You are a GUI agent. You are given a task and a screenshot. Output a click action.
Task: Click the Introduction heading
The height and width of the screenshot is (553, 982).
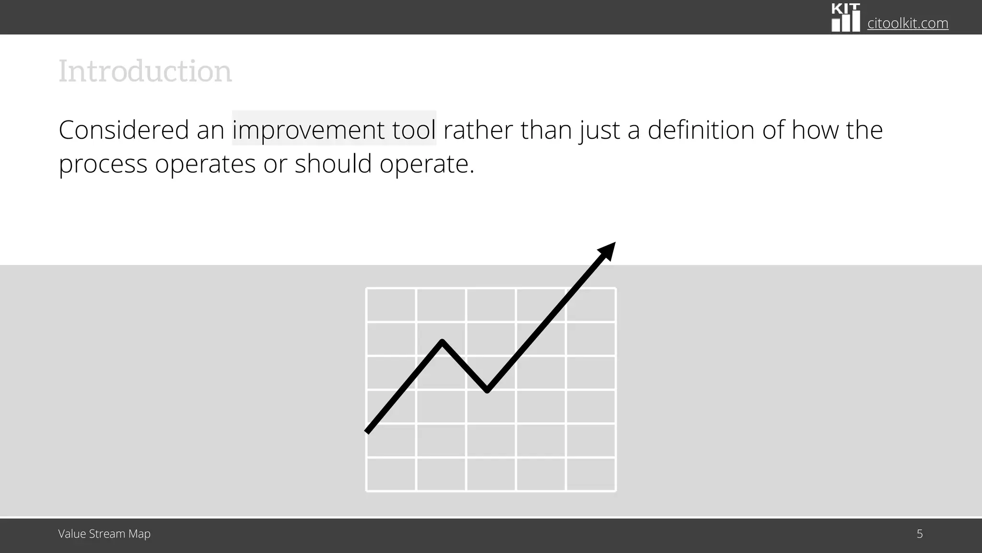pos(145,72)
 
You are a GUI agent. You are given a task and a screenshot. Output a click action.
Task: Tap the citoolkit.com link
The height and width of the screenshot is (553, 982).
pos(907,23)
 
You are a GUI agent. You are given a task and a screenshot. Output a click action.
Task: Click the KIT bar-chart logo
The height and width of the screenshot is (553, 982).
pos(845,18)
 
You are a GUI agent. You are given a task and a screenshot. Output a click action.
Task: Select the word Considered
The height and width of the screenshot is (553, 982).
pos(124,130)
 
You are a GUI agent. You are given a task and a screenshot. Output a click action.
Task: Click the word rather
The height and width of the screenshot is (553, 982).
pos(478,130)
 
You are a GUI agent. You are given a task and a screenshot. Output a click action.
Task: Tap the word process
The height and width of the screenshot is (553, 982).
pos(103,165)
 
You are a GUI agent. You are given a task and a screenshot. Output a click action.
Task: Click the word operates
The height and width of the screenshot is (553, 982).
pos(205,165)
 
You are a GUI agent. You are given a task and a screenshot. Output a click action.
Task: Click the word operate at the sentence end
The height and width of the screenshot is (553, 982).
pos(424,165)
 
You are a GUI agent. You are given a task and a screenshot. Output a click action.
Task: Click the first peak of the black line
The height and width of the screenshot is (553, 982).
pos(442,342)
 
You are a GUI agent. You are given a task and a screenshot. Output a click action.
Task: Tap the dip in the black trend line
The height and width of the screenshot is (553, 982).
pos(487,390)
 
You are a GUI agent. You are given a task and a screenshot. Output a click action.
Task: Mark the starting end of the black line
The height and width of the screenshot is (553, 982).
pos(368,431)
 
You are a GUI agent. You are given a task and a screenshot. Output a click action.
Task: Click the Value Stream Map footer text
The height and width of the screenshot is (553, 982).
pos(104,534)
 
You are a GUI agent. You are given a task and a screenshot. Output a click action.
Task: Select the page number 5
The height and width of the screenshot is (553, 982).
pos(919,534)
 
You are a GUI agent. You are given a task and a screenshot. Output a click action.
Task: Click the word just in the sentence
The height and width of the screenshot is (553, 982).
pos(599,130)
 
